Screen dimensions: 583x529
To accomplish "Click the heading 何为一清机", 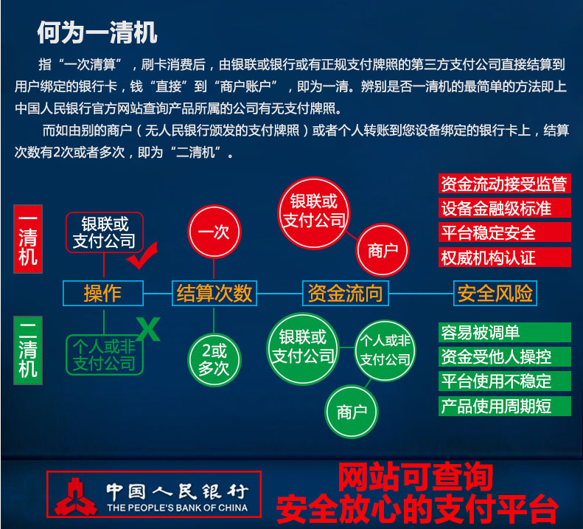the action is [x=97, y=33].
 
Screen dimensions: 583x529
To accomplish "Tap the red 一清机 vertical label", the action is [x=28, y=239].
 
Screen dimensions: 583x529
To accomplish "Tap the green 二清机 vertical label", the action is [x=28, y=349].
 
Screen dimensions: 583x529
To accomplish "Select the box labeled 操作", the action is [x=103, y=293].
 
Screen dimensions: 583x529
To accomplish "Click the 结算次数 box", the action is [x=214, y=293].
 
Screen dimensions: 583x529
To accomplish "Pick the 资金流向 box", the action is [x=344, y=293].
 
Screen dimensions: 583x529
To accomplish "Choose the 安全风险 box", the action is [x=495, y=293].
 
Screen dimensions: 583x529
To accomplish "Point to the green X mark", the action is [x=149, y=329].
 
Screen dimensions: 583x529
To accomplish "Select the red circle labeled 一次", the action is [x=214, y=232].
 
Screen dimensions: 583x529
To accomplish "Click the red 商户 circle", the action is [x=383, y=249].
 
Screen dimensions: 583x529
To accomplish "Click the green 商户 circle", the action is [x=352, y=411].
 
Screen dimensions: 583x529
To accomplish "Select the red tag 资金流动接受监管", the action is [x=504, y=184].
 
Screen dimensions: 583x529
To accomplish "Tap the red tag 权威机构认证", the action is [x=504, y=257].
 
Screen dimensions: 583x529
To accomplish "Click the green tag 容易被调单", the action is [x=504, y=333].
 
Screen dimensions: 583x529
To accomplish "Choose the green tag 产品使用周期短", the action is [x=504, y=406].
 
